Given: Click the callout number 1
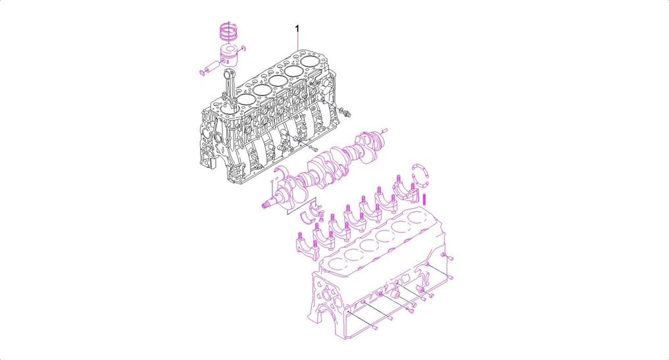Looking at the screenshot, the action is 297,28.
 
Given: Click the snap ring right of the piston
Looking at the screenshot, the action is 243,48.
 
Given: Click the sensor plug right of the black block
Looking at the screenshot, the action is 345,112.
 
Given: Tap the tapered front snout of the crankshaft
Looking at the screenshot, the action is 270,205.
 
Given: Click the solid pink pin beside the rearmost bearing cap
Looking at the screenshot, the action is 424,199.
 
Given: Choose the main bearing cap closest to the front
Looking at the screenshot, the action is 307,247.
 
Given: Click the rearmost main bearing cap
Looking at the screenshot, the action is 407,191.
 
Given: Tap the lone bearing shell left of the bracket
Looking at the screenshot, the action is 307,218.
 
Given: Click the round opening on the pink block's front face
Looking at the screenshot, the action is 326,296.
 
